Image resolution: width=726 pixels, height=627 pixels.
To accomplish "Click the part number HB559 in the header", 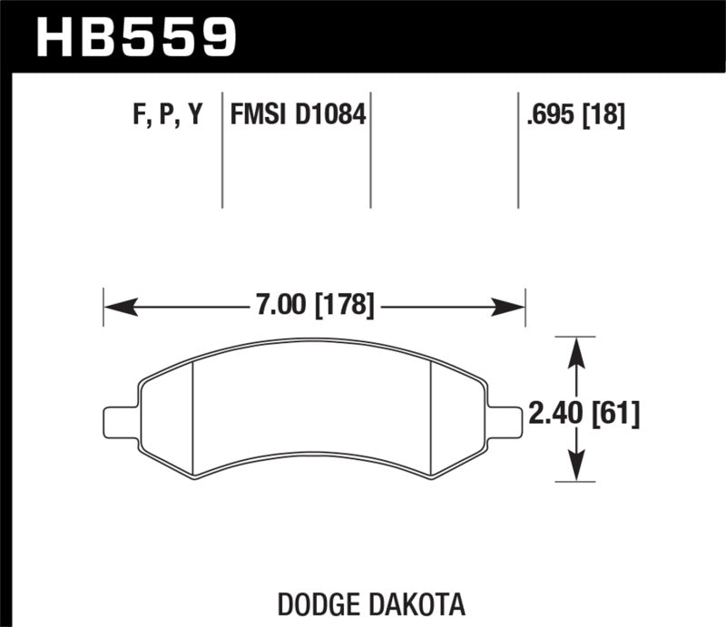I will (x=136, y=36).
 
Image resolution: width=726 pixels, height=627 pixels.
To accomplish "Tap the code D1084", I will (x=328, y=115).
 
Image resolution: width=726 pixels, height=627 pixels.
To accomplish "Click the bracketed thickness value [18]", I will (x=603, y=115).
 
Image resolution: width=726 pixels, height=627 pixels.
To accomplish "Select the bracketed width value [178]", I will (x=344, y=306).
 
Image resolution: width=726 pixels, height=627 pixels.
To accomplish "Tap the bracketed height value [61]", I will (x=615, y=416).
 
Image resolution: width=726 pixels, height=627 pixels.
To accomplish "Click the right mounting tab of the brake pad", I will (x=505, y=420).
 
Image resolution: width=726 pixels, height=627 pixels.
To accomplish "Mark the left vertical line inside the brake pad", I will (x=195, y=417).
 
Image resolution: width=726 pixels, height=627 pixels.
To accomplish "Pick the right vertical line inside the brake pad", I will (x=429, y=417).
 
